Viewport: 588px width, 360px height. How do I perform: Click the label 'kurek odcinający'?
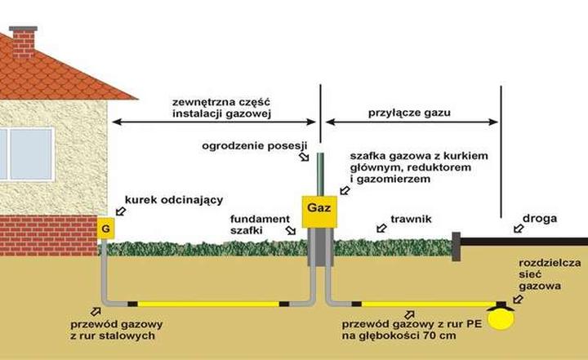[163, 200]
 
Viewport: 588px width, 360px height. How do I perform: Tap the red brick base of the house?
[49, 235]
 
